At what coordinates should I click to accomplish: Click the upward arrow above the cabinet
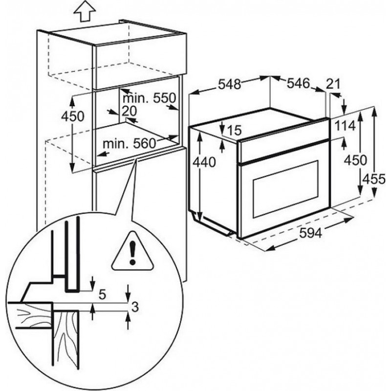[83, 11]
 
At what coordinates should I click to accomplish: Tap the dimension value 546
[298, 84]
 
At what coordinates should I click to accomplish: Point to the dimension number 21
[332, 84]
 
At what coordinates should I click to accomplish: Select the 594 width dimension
[310, 234]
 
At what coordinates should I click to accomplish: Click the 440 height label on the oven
[203, 163]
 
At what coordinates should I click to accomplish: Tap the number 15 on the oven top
[235, 130]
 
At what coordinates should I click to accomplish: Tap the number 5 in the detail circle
[103, 294]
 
